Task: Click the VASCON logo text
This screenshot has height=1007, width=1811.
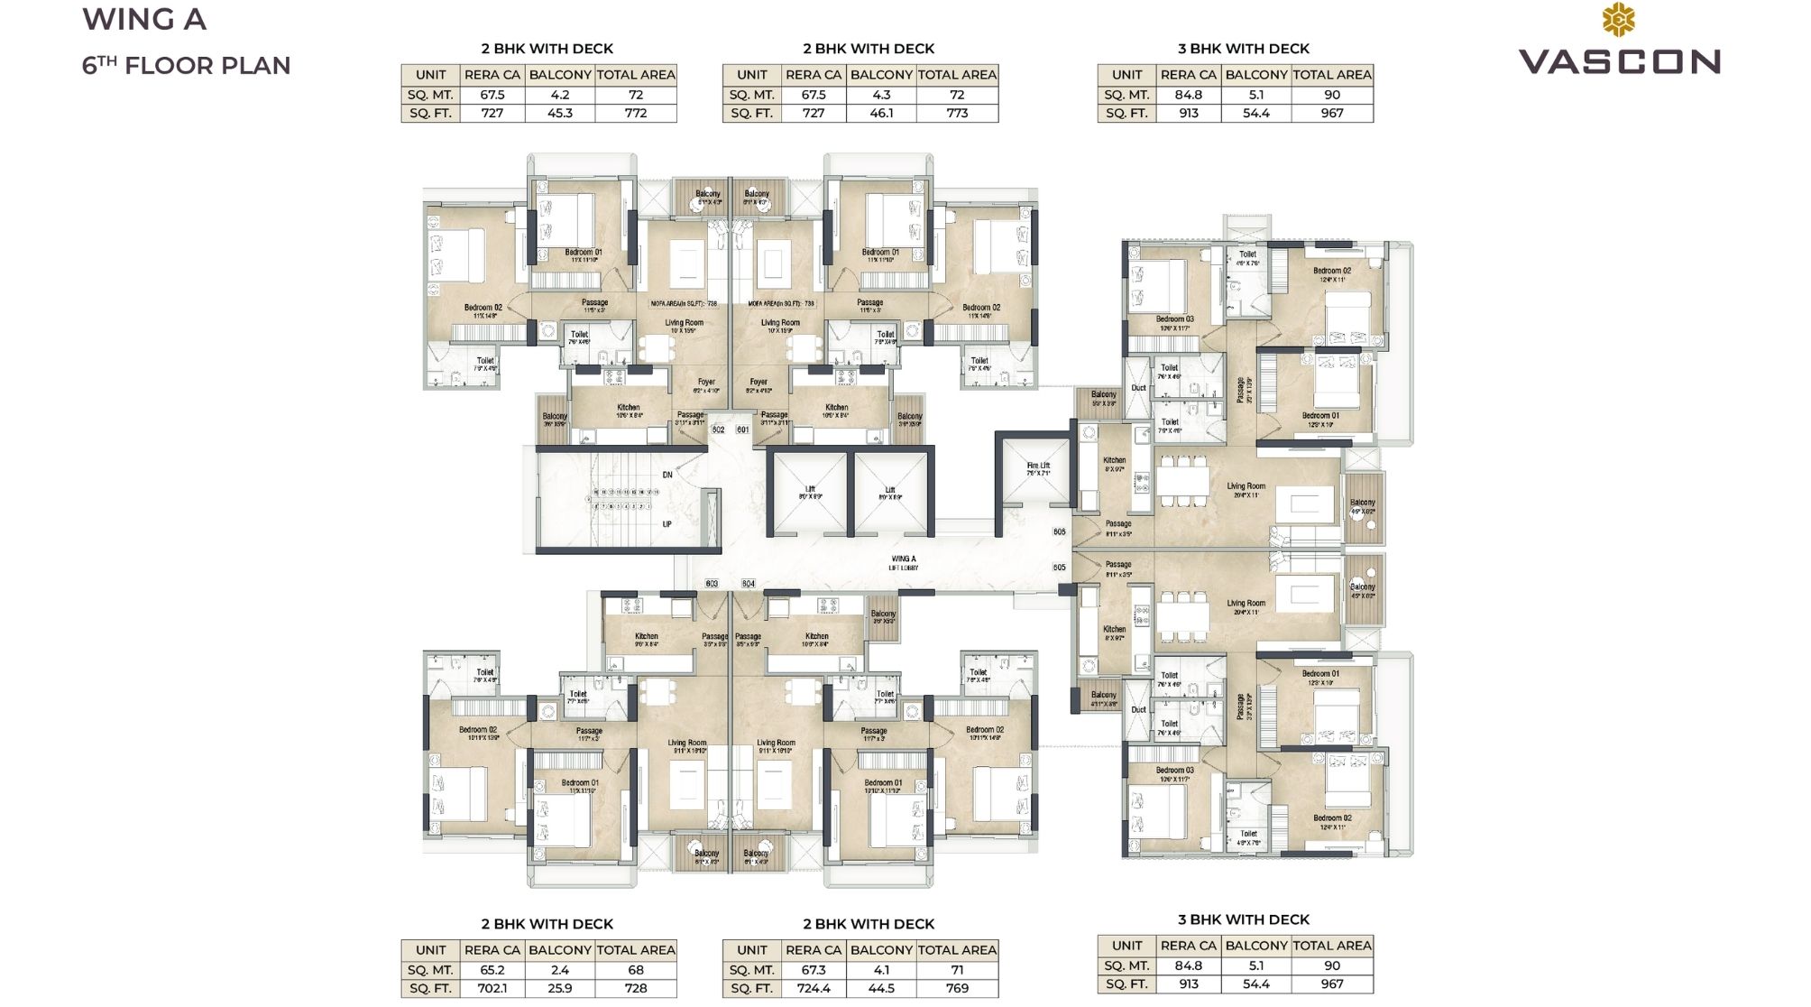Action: click(x=1620, y=61)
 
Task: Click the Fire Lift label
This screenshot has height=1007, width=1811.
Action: click(x=1038, y=468)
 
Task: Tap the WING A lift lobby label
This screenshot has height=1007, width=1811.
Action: click(x=903, y=562)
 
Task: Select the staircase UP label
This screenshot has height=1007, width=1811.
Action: click(x=667, y=524)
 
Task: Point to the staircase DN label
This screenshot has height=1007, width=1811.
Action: click(x=667, y=475)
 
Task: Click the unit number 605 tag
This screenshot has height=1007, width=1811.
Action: click(x=1059, y=568)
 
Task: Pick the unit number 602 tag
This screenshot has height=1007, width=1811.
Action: click(x=719, y=430)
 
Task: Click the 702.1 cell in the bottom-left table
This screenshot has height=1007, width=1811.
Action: click(x=492, y=988)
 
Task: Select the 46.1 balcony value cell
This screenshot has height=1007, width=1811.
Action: click(x=881, y=113)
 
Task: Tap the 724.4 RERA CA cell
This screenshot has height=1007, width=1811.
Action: click(x=813, y=988)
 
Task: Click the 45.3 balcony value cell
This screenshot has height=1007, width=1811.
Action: click(x=559, y=113)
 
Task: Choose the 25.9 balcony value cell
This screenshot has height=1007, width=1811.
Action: click(x=559, y=988)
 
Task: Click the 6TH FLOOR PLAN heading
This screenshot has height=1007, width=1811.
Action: click(x=187, y=66)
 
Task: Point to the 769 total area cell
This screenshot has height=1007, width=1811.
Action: click(x=957, y=988)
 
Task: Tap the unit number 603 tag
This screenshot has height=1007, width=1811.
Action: click(x=712, y=584)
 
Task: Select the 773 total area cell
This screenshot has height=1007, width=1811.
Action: click(x=957, y=113)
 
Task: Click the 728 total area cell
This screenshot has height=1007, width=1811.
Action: click(x=635, y=988)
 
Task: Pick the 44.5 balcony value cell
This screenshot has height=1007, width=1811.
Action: click(x=881, y=988)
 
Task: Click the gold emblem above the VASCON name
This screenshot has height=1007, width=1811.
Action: click(x=1619, y=20)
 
